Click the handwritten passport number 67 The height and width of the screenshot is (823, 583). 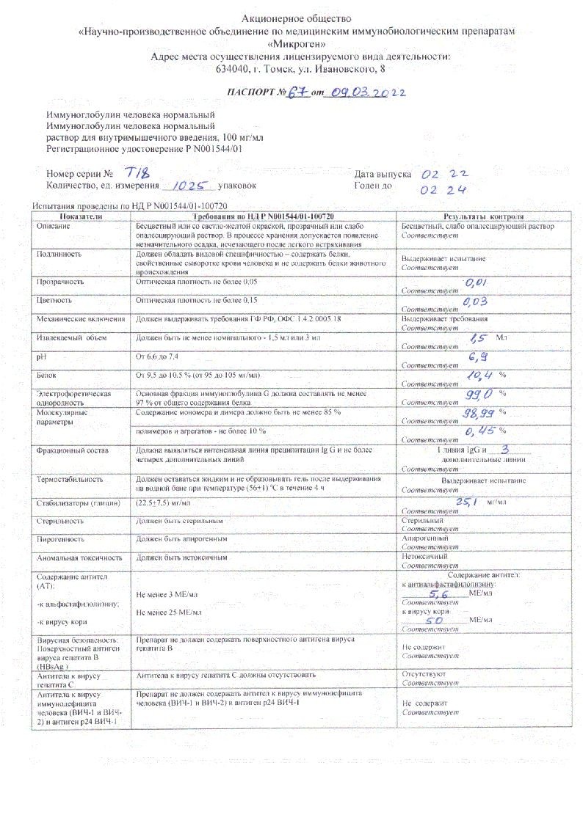297,92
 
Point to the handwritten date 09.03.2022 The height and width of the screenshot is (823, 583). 365,92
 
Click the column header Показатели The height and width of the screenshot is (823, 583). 81,218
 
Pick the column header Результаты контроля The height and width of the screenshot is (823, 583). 482,218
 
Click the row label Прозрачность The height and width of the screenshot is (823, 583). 61,282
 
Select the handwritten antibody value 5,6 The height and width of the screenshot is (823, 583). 440,594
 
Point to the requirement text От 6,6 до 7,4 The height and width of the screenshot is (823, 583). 158,356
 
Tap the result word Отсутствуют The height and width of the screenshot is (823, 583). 424,673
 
